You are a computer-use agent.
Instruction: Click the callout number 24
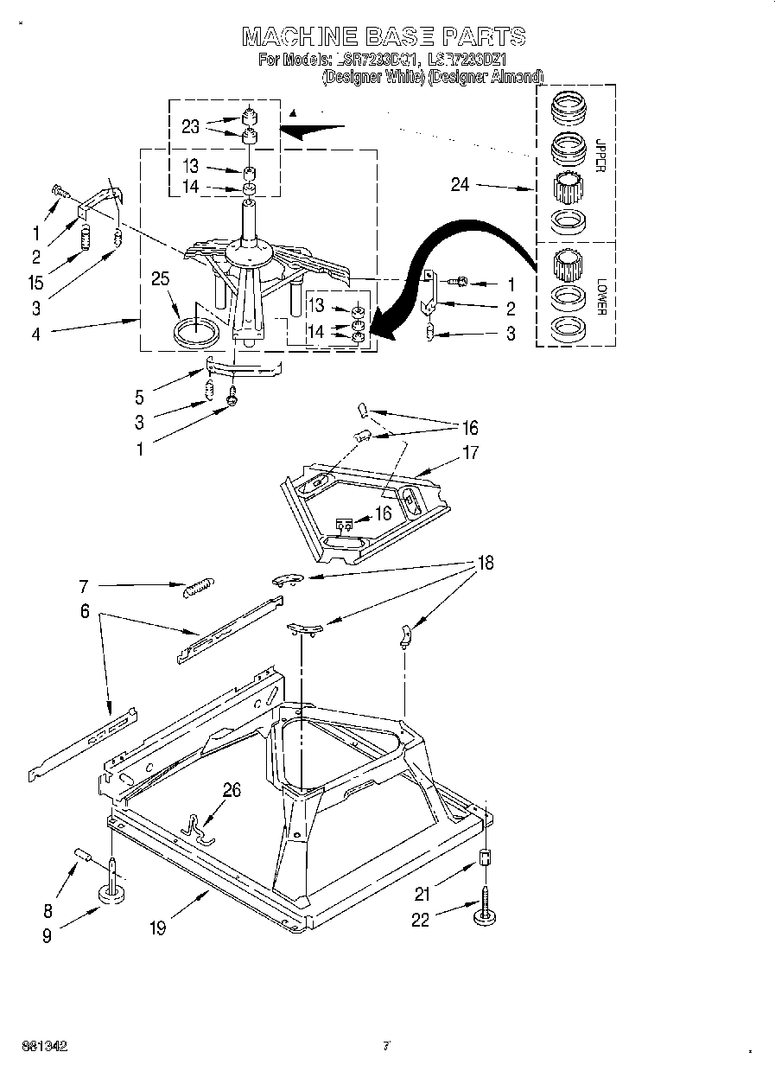tap(461, 184)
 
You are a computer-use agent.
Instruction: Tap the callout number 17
tap(471, 452)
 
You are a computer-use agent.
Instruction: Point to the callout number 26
tap(232, 789)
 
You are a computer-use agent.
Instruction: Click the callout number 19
tap(157, 928)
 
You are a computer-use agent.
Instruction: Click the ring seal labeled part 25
tap(196, 333)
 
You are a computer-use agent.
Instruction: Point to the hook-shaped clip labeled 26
tap(198, 828)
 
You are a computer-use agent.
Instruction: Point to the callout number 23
tap(191, 126)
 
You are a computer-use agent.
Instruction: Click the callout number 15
tap(36, 282)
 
